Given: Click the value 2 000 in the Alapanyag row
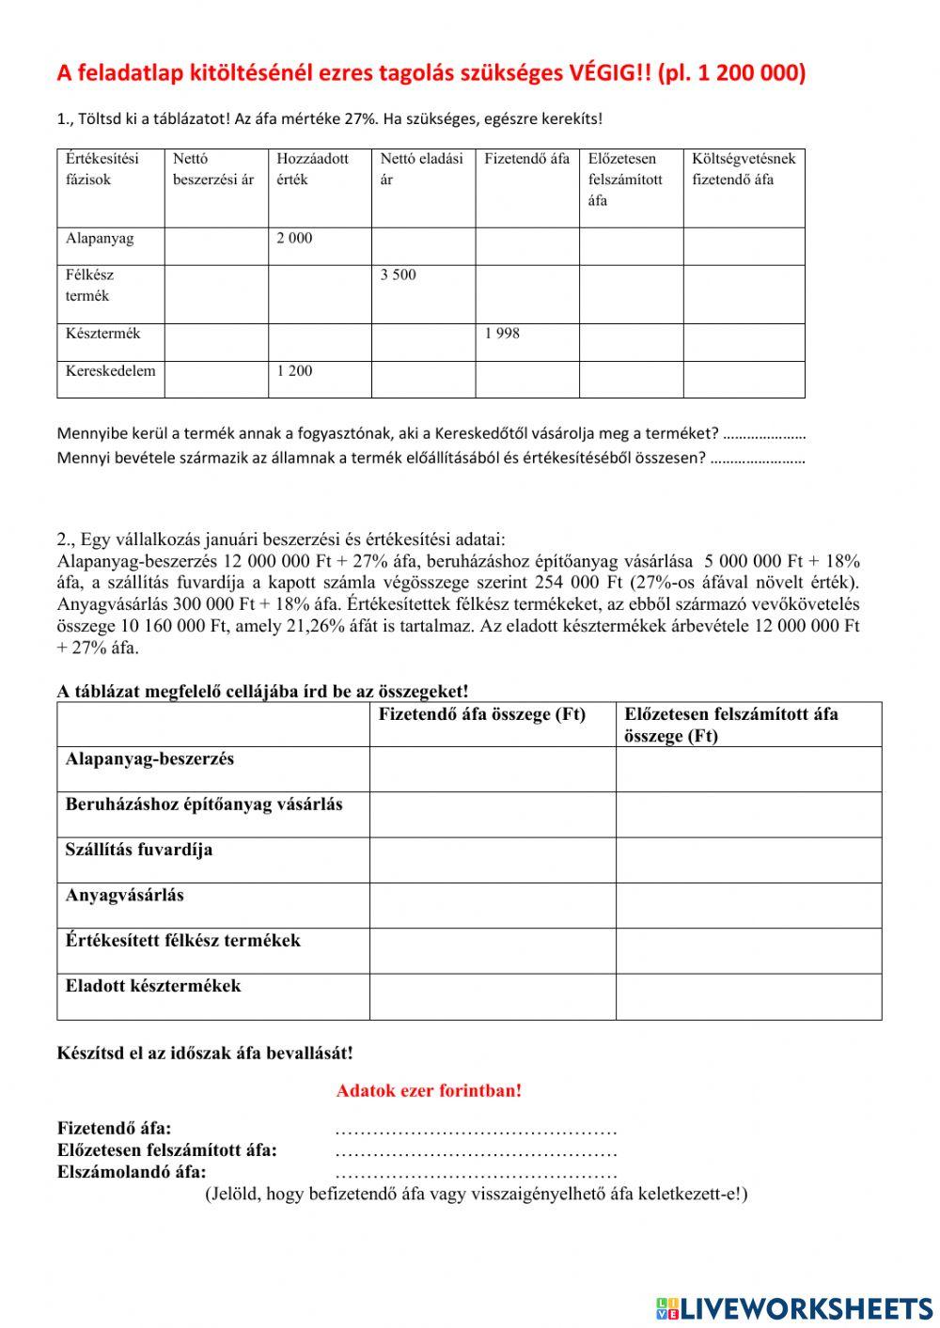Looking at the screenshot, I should [294, 239].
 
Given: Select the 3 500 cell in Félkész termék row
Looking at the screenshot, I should [398, 275].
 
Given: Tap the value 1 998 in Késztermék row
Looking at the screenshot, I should [502, 334].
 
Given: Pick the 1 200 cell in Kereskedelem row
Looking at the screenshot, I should [294, 371].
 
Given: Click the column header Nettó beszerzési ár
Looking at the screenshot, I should [213, 169].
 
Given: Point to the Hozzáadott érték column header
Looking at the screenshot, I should [312, 169].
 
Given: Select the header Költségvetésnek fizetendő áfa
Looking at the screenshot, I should [744, 169].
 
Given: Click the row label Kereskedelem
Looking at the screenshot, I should [110, 371].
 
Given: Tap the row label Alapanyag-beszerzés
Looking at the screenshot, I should [149, 758].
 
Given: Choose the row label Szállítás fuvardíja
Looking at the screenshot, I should [139, 850].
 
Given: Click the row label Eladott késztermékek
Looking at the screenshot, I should [153, 986].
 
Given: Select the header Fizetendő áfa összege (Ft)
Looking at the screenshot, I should [481, 714].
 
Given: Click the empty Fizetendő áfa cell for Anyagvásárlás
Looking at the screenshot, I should [492, 905].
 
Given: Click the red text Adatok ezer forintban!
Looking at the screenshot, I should [429, 1091].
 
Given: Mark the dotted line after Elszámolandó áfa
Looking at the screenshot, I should [476, 1173].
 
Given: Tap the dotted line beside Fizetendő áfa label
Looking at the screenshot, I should [476, 1129].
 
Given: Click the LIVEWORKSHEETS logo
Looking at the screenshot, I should [795, 1307].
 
